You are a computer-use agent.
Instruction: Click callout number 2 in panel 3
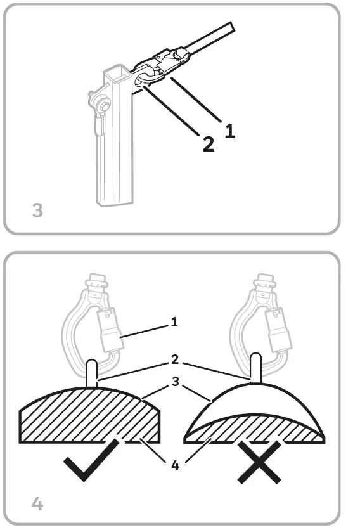point(209,144)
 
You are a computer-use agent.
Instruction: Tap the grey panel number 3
point(37,210)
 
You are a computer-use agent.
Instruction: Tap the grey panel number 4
point(37,503)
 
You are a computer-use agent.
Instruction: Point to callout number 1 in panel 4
point(174,322)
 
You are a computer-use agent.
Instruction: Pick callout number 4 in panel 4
point(174,465)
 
